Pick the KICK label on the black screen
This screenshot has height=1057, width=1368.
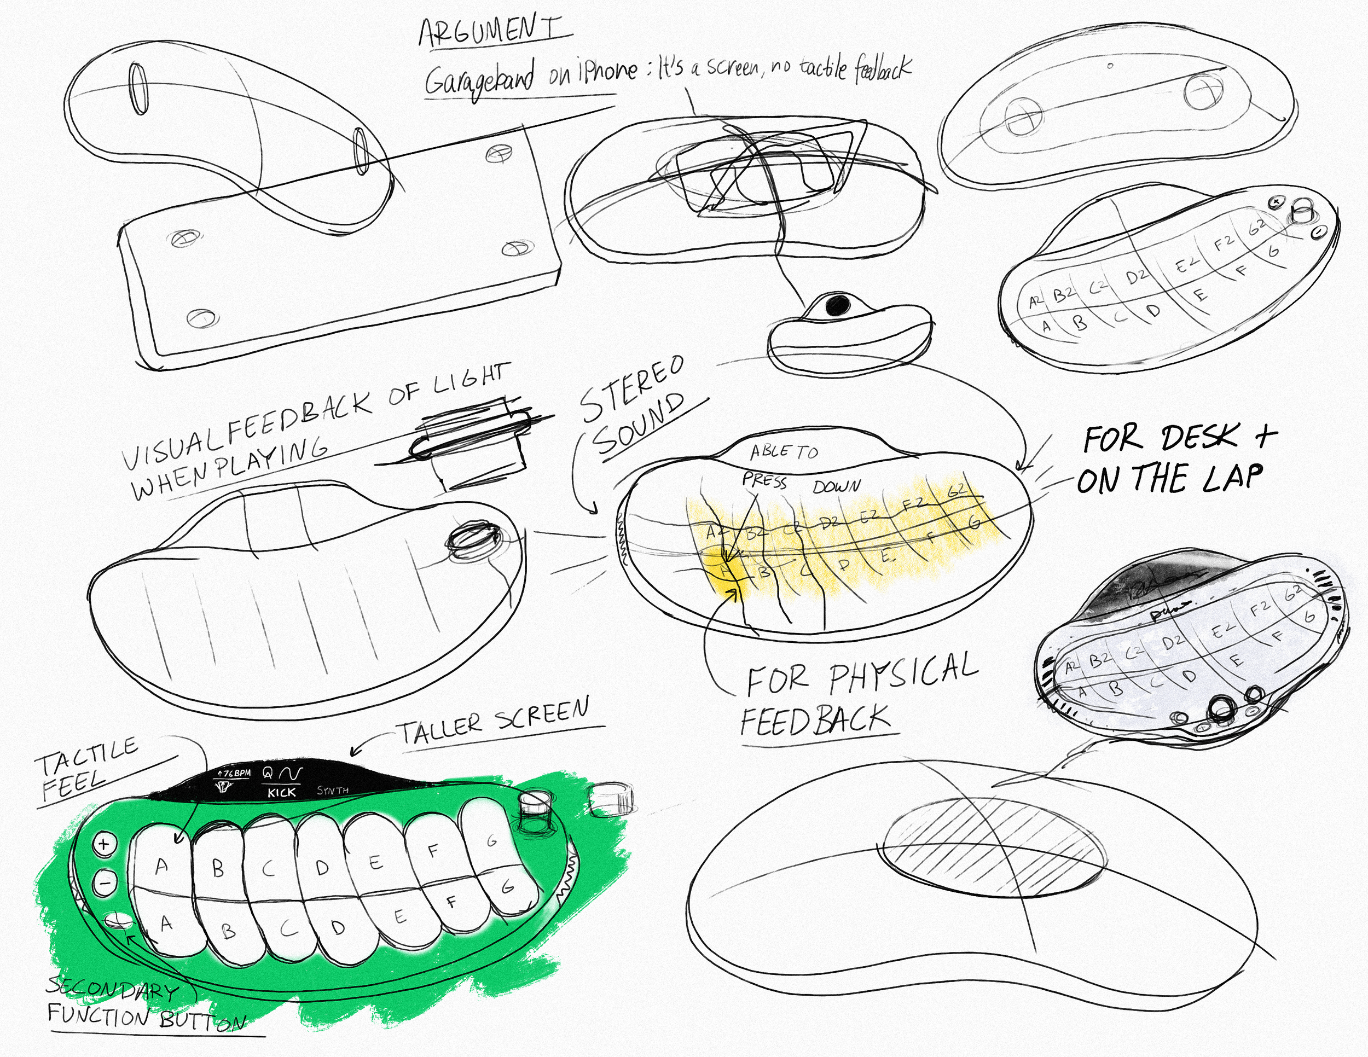pos(281,792)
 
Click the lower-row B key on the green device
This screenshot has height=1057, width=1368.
pos(229,932)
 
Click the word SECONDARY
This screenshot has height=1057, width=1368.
pos(113,989)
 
